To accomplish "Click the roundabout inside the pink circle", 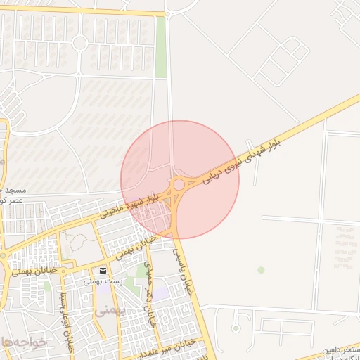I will point(179,184).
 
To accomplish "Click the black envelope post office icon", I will point(104,271).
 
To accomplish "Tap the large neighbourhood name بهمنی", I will point(110,309).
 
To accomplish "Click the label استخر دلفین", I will point(342,349).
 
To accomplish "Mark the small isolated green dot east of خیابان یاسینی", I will point(261,270).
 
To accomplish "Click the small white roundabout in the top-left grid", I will point(79,43).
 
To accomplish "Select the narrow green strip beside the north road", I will point(161,46).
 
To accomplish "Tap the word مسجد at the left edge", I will point(13,191).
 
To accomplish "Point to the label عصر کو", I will point(11,200).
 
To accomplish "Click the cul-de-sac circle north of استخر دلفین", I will point(236,328).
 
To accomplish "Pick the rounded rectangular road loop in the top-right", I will point(283,58).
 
